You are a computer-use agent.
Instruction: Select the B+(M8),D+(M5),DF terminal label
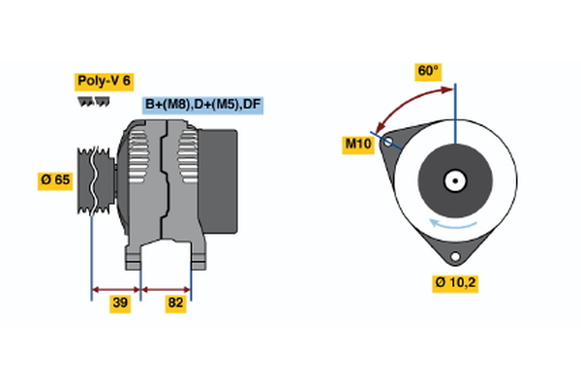pos(203,105)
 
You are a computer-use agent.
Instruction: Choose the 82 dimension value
pos(176,304)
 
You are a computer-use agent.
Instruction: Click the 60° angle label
pos(427,71)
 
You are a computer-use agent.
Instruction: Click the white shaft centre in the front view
pos(453,180)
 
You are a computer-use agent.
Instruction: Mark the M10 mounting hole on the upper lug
pos(389,142)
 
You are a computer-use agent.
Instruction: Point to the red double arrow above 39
pos(116,288)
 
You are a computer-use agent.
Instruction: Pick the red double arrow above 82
pos(167,288)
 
